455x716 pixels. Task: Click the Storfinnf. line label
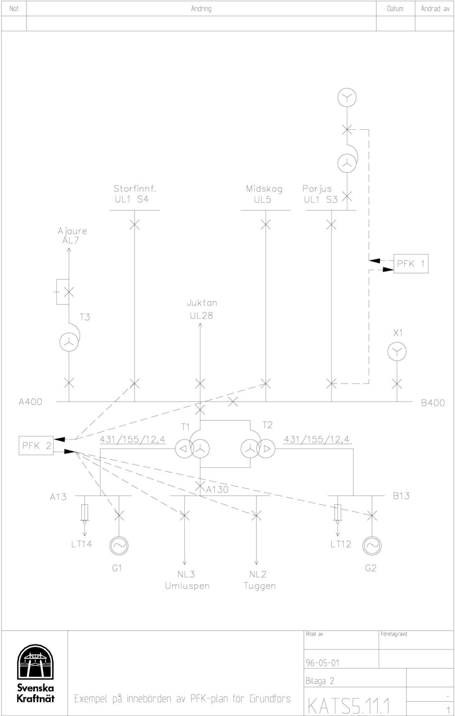tap(135, 188)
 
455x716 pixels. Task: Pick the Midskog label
tap(264, 189)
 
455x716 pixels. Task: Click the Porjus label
tap(317, 189)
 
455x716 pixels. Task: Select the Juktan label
tap(202, 303)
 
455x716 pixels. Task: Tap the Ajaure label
tap(73, 231)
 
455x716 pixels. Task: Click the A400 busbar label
tap(30, 402)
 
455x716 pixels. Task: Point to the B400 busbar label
tap(433, 403)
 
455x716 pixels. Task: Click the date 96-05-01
tap(323, 663)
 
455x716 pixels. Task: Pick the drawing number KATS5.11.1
tap(349, 706)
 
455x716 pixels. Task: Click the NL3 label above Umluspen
tap(186, 574)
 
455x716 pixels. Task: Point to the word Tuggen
tap(260, 586)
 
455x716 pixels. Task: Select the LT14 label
tap(82, 544)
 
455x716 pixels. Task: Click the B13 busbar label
tap(401, 496)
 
